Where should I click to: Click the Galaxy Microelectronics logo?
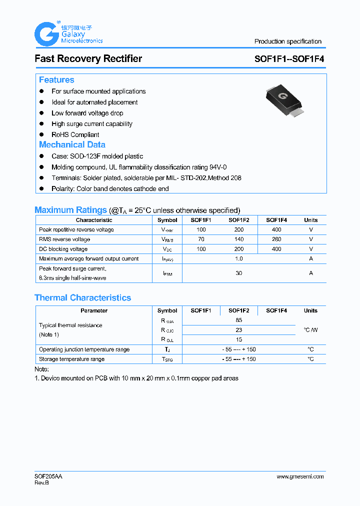(x=68, y=34)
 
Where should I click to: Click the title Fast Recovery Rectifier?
(x=88, y=58)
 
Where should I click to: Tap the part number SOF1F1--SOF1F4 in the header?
(x=289, y=58)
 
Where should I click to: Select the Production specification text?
(x=287, y=41)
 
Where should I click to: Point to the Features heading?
(x=56, y=80)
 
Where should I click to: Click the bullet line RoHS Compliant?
(x=75, y=134)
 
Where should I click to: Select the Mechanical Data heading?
(x=72, y=144)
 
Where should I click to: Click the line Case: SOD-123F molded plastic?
(x=97, y=156)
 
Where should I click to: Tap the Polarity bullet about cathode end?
(x=110, y=188)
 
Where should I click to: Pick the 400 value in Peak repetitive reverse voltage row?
(x=276, y=229)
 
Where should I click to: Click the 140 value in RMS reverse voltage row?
(x=238, y=239)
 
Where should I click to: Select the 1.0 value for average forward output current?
(x=238, y=258)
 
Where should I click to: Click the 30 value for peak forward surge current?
(x=238, y=273)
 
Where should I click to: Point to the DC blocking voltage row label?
(x=63, y=249)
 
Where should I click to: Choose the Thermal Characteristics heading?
(x=82, y=297)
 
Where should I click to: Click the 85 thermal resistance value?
(x=238, y=320)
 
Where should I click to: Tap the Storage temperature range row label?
(x=71, y=359)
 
